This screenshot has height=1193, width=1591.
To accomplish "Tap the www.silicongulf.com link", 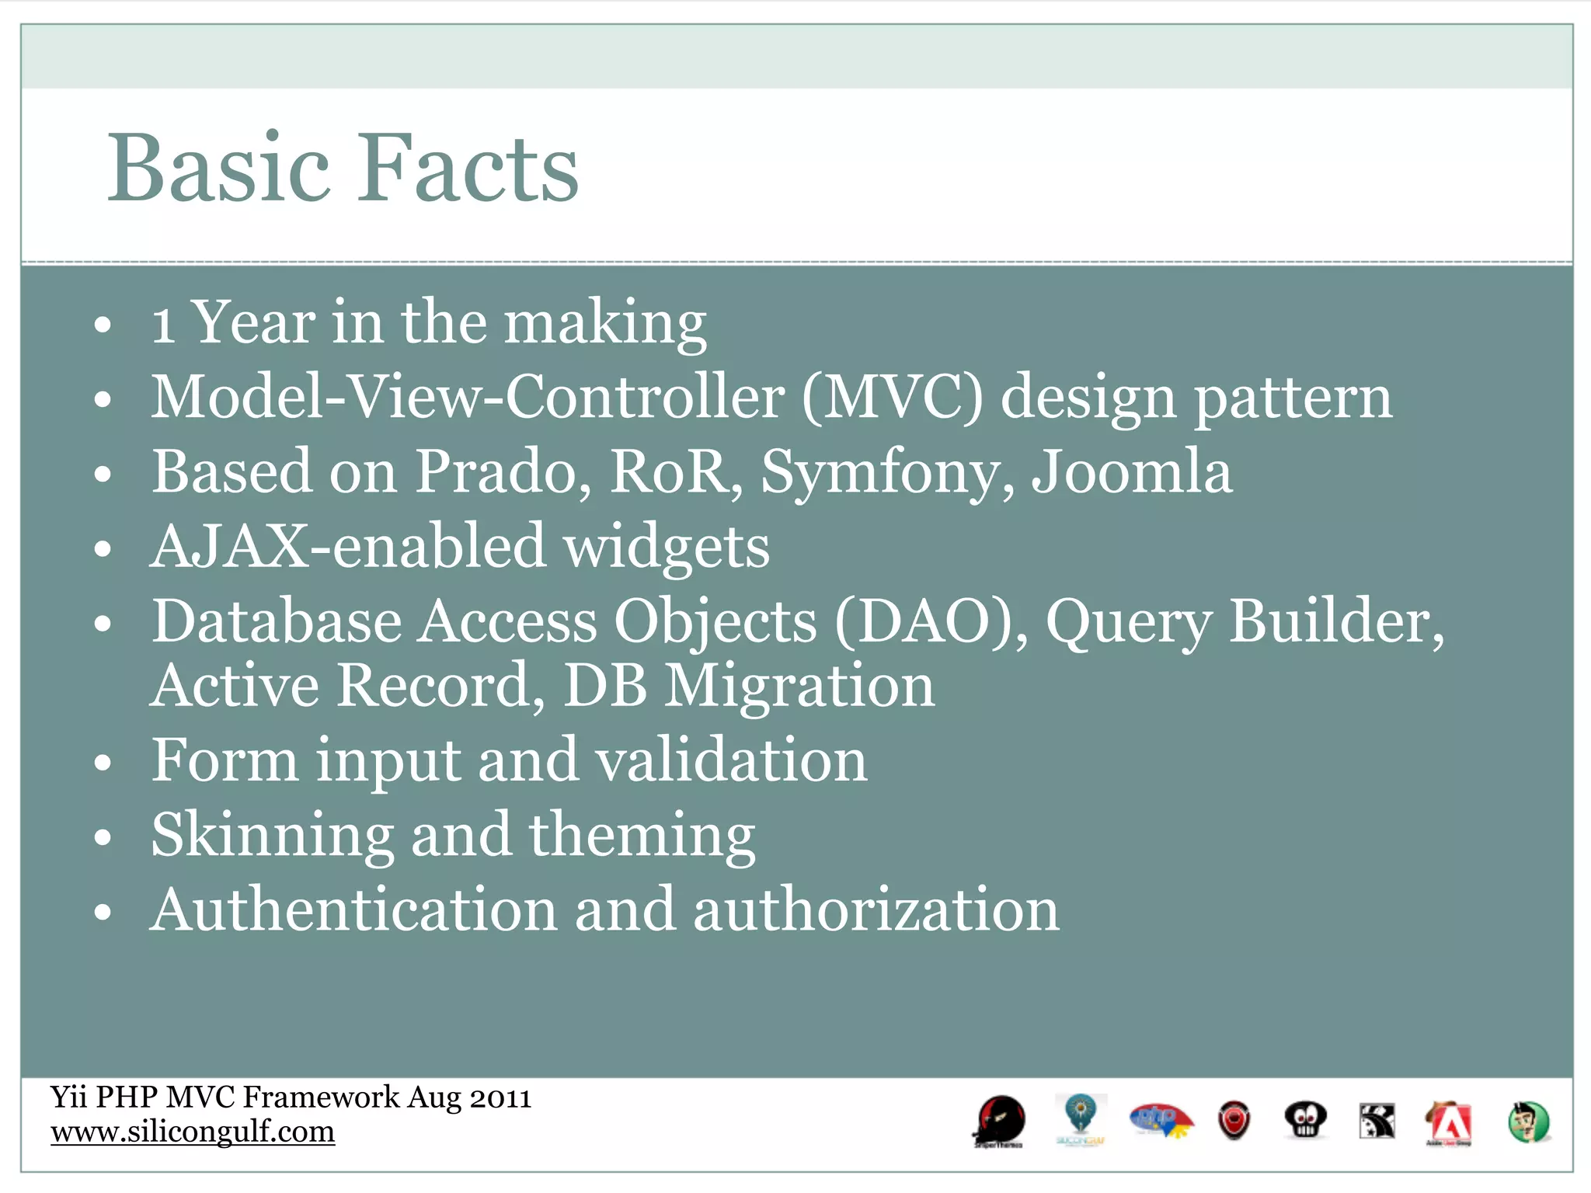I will [193, 1132].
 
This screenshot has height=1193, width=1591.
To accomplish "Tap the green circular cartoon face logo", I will [1528, 1122].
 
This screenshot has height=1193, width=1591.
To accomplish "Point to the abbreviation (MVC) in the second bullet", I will [892, 397].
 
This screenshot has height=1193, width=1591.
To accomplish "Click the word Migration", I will [800, 686].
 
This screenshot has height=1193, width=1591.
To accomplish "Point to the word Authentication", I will [353, 910].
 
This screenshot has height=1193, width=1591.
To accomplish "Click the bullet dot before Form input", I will [103, 763].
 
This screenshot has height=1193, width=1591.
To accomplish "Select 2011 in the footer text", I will [500, 1097].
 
